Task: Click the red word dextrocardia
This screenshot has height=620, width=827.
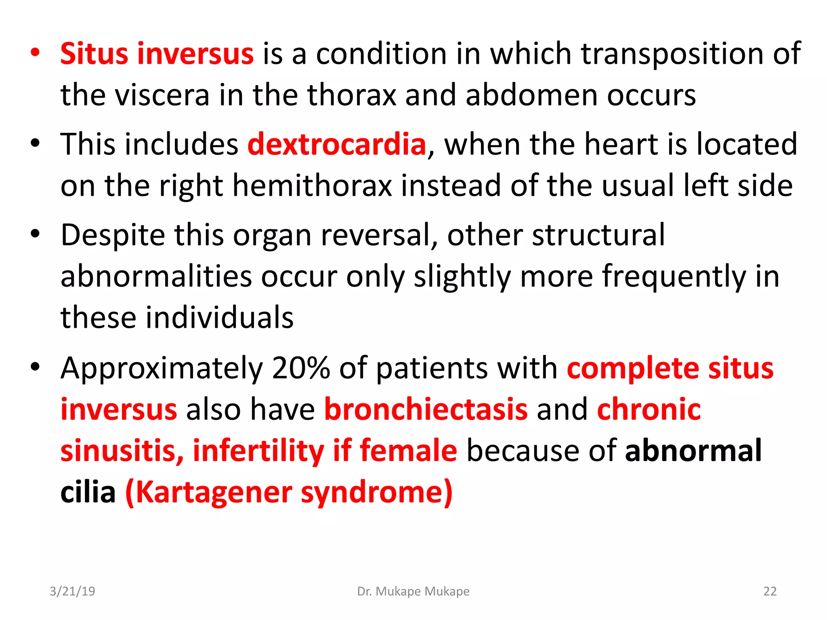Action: tap(337, 144)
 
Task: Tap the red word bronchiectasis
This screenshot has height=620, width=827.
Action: tap(426, 409)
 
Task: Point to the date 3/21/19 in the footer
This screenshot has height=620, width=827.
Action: tap(72, 591)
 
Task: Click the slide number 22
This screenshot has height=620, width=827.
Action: tap(770, 591)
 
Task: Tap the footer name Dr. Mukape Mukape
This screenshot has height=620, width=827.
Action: tap(413, 591)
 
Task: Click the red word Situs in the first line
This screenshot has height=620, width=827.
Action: tap(94, 54)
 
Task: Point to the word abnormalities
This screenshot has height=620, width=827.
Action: tap(156, 276)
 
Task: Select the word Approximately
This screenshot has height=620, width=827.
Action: tap(162, 368)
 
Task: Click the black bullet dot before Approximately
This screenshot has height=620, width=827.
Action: tap(36, 367)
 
